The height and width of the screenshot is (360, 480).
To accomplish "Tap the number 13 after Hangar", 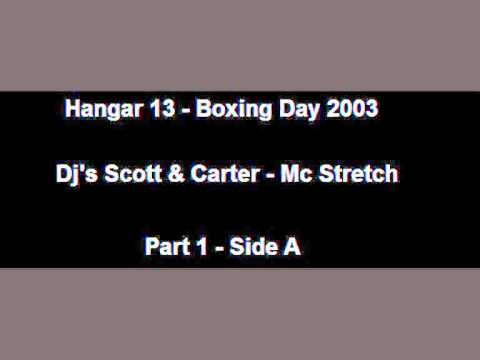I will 159,109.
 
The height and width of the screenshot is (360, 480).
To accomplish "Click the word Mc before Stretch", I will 299,174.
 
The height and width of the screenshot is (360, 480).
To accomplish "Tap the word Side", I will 255,246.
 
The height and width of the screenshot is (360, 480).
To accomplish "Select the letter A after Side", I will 294,246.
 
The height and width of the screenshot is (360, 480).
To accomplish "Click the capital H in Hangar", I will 69,109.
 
